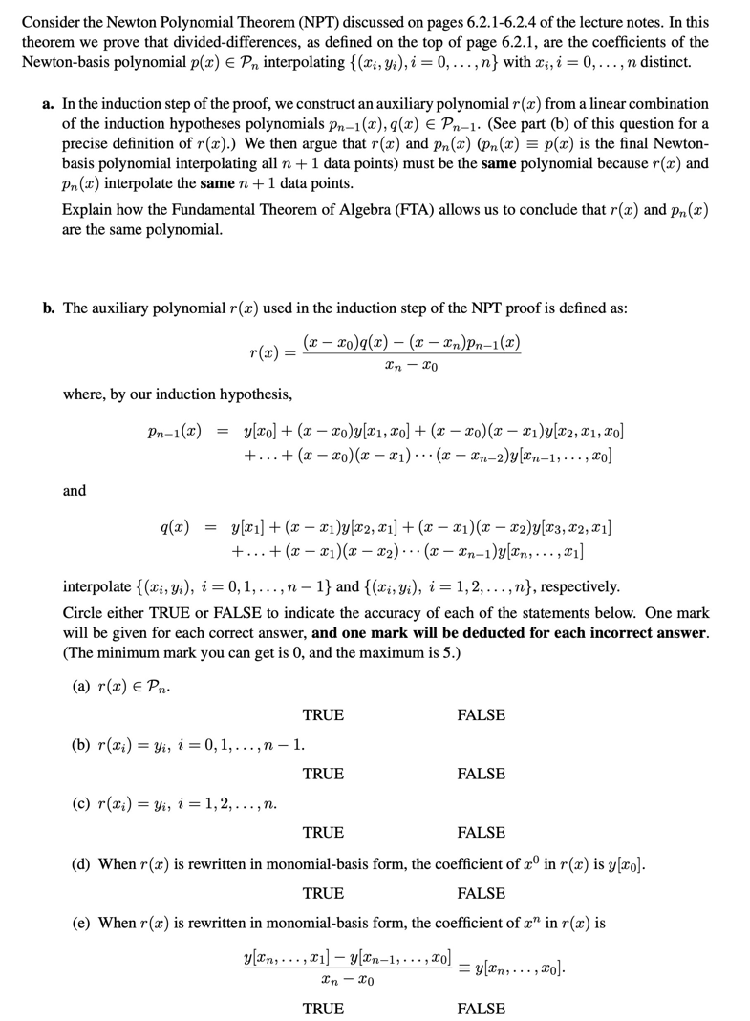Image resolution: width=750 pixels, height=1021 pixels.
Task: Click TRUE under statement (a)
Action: click(323, 714)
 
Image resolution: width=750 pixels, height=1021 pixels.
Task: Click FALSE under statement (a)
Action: click(482, 714)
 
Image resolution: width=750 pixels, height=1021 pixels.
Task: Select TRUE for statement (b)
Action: click(323, 774)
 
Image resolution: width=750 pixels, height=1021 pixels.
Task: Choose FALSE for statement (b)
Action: click(482, 774)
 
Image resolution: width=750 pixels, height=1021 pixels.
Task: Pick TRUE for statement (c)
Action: click(323, 833)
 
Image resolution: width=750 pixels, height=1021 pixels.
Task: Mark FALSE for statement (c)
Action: click(482, 833)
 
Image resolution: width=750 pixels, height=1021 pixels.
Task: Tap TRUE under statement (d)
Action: click(323, 893)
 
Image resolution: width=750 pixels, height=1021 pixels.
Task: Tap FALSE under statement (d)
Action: click(482, 893)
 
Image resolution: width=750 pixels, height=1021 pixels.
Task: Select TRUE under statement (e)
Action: click(323, 1009)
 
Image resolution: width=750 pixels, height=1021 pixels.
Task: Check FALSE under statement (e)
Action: click(482, 1009)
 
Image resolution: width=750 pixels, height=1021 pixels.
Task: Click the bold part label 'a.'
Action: click(49, 103)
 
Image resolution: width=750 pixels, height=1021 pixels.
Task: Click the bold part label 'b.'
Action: click(49, 308)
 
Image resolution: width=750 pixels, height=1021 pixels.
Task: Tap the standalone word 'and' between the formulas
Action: click(75, 490)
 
